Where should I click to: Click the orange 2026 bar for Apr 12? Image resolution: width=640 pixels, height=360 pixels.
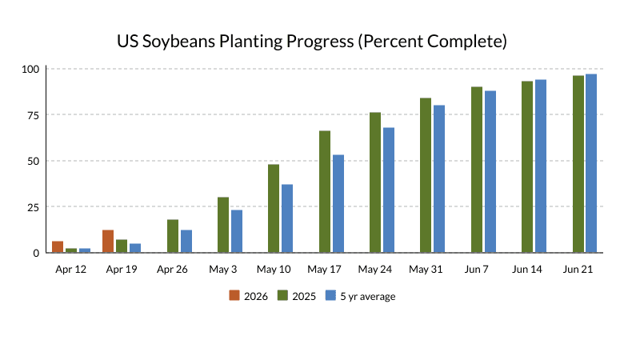click(58, 247)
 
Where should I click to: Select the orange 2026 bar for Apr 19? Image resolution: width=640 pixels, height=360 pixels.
click(108, 242)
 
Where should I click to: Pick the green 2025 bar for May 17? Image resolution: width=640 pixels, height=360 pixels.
click(325, 192)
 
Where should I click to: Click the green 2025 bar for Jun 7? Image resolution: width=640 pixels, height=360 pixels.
click(477, 170)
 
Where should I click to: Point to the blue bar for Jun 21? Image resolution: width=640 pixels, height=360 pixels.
click(591, 163)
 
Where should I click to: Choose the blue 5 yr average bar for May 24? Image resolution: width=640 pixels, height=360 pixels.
click(389, 190)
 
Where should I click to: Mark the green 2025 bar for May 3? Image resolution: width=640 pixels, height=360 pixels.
click(223, 225)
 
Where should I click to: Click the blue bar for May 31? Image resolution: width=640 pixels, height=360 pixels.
click(439, 179)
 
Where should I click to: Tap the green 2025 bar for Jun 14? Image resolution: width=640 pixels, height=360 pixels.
click(527, 167)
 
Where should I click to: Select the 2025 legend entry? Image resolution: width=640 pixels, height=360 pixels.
click(297, 296)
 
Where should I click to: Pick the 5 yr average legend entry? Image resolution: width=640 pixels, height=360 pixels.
click(360, 296)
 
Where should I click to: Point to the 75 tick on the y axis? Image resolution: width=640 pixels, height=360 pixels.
click(32, 115)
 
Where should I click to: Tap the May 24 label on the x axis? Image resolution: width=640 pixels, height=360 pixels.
click(375, 270)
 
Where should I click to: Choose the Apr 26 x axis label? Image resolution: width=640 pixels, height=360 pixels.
click(172, 270)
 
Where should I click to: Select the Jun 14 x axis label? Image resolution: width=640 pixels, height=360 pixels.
click(527, 270)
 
